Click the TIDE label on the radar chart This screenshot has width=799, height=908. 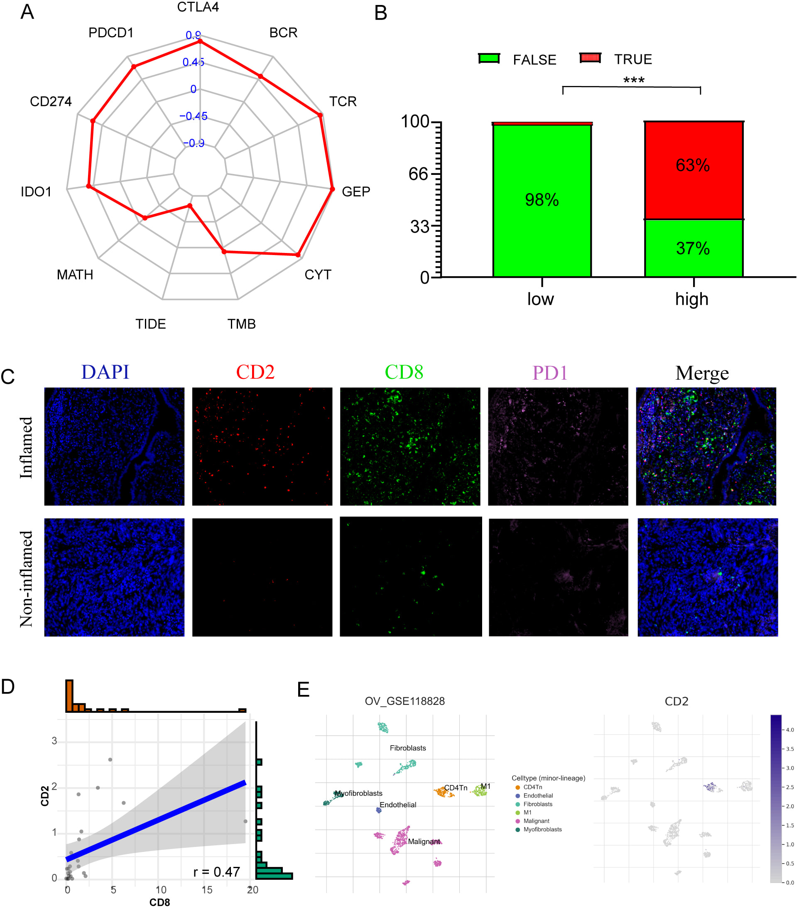(151, 324)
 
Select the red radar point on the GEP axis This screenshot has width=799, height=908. (332, 189)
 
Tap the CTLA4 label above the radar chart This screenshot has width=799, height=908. (198, 7)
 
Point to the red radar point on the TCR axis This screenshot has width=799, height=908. (320, 115)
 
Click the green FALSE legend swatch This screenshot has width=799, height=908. (489, 59)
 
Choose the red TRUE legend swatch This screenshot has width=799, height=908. (590, 58)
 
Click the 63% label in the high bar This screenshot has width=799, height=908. (692, 165)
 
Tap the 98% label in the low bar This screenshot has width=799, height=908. (542, 200)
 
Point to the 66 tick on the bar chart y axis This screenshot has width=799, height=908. (418, 174)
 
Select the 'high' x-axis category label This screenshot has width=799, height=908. (691, 299)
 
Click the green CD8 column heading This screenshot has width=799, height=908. (404, 372)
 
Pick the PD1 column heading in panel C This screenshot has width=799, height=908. (550, 373)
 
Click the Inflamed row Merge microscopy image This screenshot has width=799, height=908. (706, 446)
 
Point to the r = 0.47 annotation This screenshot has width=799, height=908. (217, 871)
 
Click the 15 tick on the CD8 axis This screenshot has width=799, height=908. (207, 890)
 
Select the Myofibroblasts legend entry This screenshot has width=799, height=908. (542, 829)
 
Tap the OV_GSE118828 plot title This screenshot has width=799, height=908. (404, 701)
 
